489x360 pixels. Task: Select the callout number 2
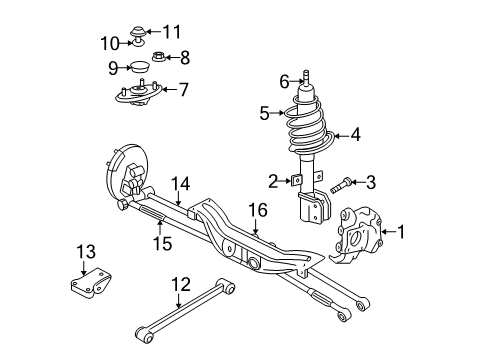[272, 180]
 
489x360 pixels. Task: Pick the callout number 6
[283, 82]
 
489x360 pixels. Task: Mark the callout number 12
[179, 286]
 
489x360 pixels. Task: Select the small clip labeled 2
[295, 181]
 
